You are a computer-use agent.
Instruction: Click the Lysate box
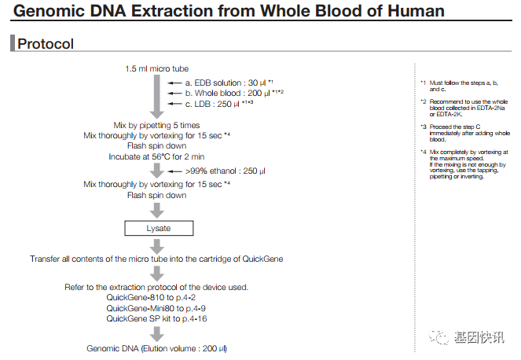[x=157, y=229]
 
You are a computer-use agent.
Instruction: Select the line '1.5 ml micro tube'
[x=156, y=68]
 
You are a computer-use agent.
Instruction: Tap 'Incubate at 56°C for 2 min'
[x=156, y=156]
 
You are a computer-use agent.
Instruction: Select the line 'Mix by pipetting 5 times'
[x=156, y=125]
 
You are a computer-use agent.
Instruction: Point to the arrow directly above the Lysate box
[x=157, y=209]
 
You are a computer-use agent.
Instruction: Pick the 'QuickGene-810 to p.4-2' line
[x=156, y=298]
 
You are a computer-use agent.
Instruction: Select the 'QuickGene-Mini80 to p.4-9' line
[x=156, y=308]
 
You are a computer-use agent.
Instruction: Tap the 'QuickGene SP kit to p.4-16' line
[x=156, y=318]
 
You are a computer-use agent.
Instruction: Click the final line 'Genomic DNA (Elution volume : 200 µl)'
[x=156, y=347]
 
